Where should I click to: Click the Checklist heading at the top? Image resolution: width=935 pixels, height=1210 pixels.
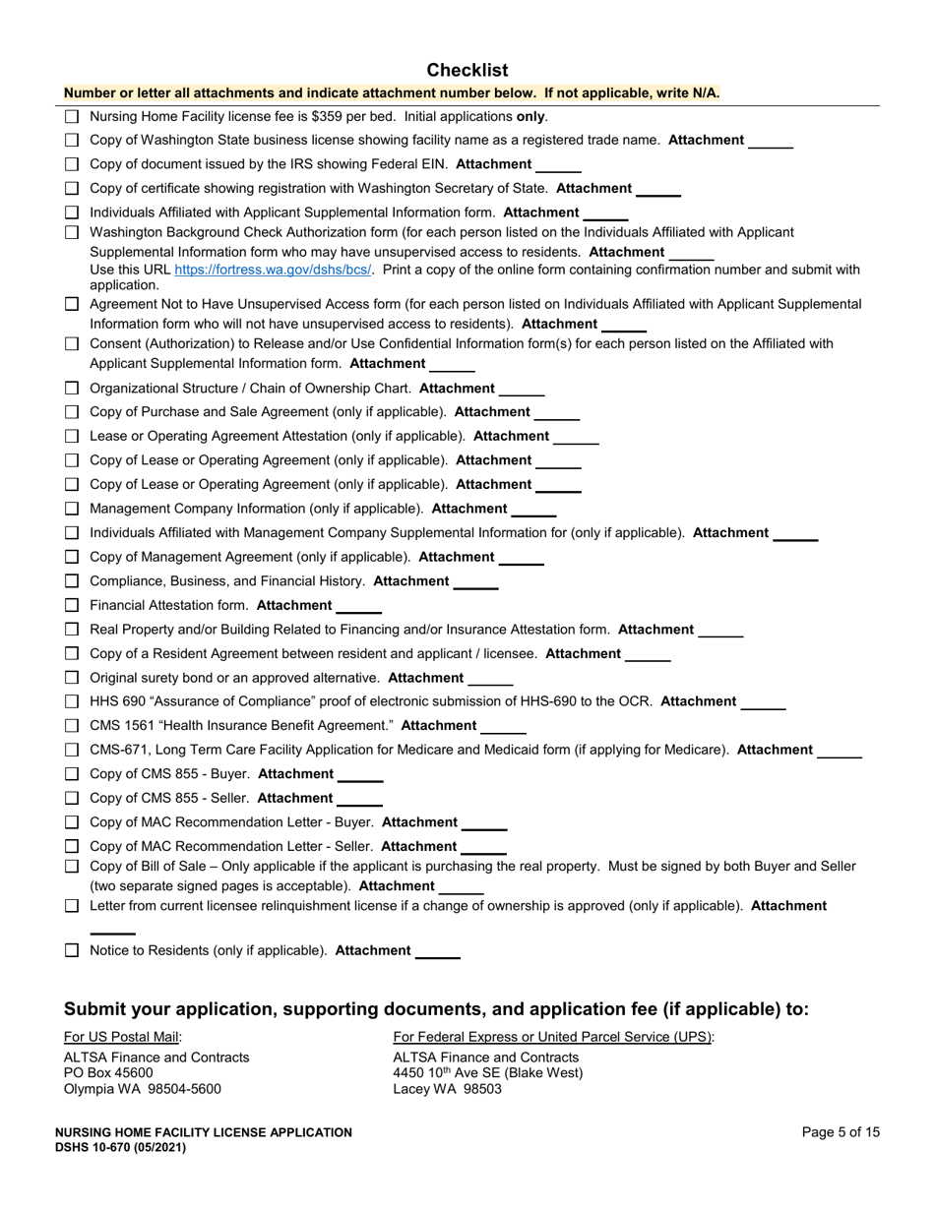pos(467,70)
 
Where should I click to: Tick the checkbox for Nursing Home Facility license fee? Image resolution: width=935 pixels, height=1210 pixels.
pos(72,116)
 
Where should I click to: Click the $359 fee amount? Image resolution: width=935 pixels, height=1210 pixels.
pos(329,116)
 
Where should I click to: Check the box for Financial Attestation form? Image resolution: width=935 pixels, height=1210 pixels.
pos(72,606)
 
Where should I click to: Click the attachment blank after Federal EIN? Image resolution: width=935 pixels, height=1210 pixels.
pos(558,166)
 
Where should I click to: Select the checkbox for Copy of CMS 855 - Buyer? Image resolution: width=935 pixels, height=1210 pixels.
pos(72,775)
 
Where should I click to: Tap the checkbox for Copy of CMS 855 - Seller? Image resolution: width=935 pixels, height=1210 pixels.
pos(72,799)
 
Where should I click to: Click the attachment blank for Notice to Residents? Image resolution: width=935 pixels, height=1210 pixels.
pos(438,952)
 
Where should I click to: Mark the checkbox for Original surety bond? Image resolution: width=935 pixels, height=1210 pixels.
pos(72,678)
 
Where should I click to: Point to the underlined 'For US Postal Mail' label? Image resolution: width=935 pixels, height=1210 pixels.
pos(122,1036)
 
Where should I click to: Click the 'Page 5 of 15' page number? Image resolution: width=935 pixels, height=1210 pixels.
pos(841,1132)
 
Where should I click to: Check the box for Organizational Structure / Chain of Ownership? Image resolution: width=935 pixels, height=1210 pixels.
pos(72,389)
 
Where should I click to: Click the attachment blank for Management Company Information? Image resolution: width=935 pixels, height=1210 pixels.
pos(533,511)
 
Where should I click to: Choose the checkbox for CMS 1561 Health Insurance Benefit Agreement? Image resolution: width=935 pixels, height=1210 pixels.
pos(72,726)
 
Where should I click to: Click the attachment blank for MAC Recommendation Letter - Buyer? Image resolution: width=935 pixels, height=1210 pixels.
pos(484,824)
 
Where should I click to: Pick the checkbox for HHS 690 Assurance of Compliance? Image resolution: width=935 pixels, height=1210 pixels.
pos(72,702)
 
